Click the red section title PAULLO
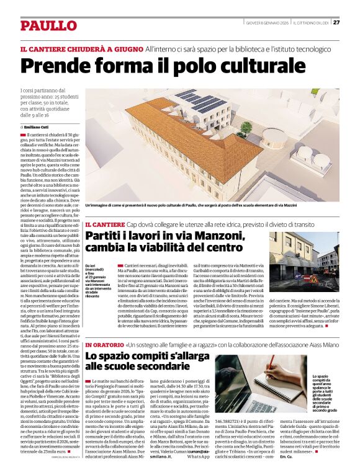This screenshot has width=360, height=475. tap(47, 25)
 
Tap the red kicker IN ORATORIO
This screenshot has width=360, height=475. tap(104, 344)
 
